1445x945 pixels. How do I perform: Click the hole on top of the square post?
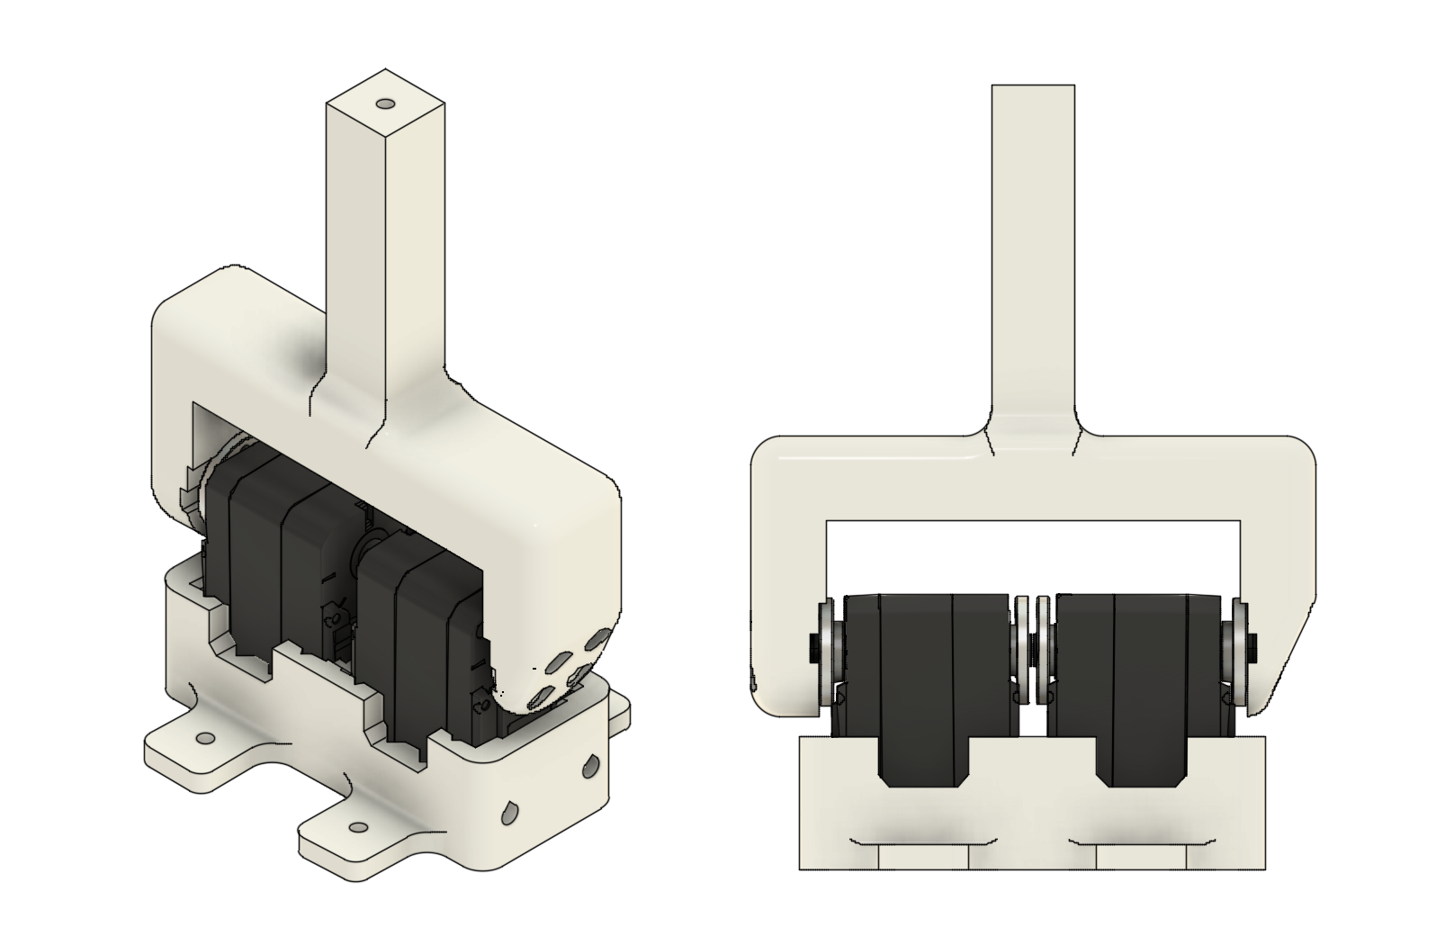pos(387,104)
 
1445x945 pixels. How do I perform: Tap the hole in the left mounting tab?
pos(205,738)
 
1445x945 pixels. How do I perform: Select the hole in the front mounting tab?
pos(358,826)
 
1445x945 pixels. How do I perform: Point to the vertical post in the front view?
pos(1033,252)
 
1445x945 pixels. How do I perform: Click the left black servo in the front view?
pos(927,675)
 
